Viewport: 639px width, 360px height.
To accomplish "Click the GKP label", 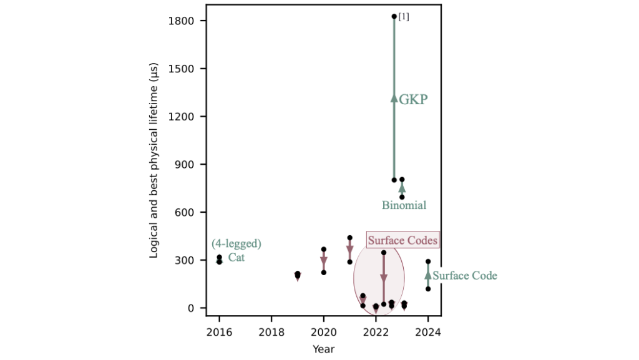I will click(x=413, y=99).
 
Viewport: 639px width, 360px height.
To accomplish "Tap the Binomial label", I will click(x=404, y=205).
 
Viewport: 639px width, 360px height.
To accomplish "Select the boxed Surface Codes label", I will click(x=402, y=240).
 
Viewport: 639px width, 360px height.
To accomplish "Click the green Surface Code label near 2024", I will click(x=465, y=275).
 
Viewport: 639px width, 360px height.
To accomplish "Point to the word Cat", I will click(x=236, y=257).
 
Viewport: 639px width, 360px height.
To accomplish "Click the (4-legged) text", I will click(x=236, y=243).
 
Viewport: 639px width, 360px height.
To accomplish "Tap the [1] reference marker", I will click(x=404, y=17).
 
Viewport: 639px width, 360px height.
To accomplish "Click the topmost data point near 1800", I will click(x=394, y=16).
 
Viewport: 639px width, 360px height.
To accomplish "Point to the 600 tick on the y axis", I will click(x=185, y=212).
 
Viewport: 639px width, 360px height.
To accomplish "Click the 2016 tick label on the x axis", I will click(x=219, y=331).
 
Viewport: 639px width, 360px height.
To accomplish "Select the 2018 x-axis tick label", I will click(x=271, y=331).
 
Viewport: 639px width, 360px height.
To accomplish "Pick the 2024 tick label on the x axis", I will click(x=428, y=331).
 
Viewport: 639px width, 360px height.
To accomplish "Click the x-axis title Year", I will click(x=323, y=349).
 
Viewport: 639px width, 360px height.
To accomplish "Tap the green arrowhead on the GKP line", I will click(x=394, y=97).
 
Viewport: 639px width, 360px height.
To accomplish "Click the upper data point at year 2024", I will click(x=428, y=261).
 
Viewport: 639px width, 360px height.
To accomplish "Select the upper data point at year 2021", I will click(x=349, y=238).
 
